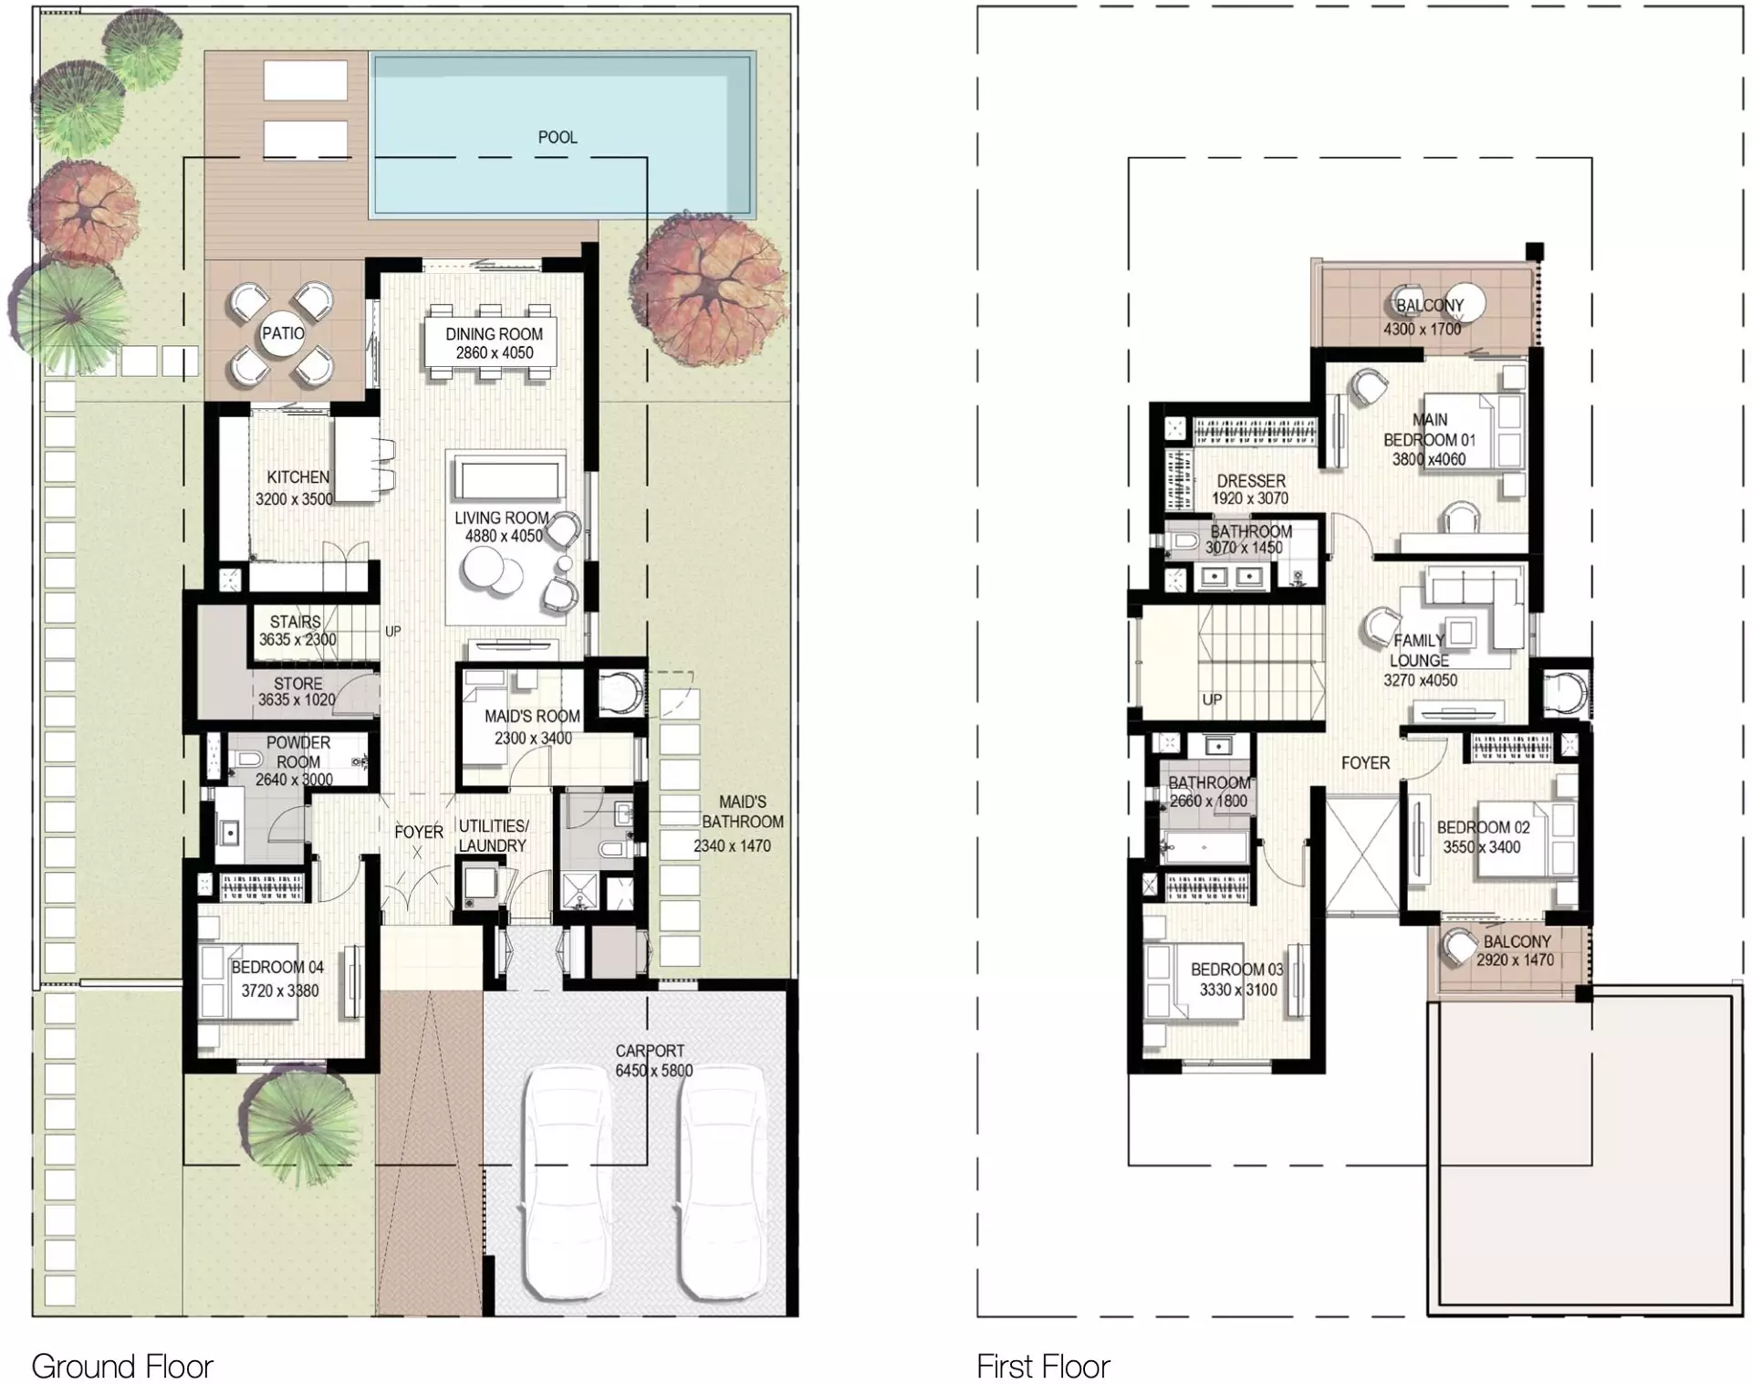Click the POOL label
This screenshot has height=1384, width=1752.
[558, 137]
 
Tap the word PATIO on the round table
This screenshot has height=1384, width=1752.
[284, 333]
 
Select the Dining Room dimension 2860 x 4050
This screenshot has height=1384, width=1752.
[495, 352]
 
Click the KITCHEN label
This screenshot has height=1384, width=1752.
[298, 477]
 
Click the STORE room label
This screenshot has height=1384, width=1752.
[298, 683]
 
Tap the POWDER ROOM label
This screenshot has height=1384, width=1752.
[298, 752]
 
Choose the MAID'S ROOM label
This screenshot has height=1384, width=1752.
[532, 717]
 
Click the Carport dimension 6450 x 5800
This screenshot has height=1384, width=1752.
[653, 1070]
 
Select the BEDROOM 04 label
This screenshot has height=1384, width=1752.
[277, 967]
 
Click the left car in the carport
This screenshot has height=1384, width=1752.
[566, 1182]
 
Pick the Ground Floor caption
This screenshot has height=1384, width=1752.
[122, 1367]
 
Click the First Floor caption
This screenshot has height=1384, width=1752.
[1043, 1367]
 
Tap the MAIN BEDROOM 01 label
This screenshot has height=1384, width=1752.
[1430, 430]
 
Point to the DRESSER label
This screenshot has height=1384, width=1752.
[1251, 480]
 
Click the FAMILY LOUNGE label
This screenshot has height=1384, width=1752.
[1419, 650]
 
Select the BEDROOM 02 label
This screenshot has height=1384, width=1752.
[1483, 827]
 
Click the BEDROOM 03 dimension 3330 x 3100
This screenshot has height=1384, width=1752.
[1237, 990]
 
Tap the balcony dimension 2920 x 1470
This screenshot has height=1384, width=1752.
[1516, 959]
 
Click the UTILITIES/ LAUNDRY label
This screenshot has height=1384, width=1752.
[493, 835]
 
